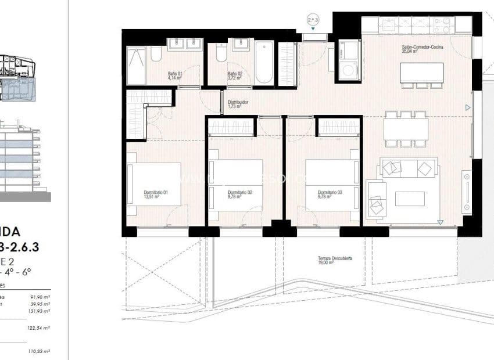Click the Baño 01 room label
176,74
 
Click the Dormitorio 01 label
156,192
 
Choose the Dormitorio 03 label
330,192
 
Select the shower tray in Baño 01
136,66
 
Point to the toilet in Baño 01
156,55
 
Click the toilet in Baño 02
220,55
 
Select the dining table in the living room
406,128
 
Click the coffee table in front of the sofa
410,199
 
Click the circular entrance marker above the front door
313,19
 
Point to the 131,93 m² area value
40,310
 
